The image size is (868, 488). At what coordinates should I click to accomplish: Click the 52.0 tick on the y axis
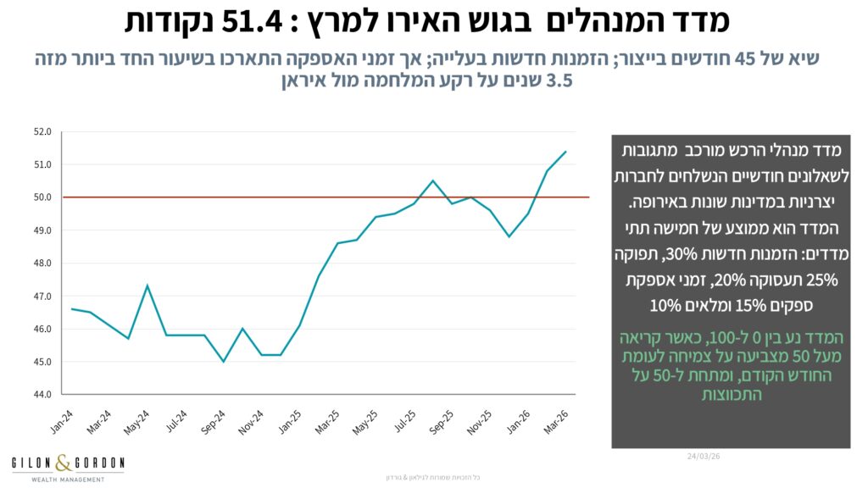click(x=43, y=132)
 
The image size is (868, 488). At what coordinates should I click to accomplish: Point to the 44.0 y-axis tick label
click(x=43, y=395)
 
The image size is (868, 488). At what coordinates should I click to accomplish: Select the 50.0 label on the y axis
click(x=43, y=197)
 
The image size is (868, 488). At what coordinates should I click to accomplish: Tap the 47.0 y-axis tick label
click(x=43, y=297)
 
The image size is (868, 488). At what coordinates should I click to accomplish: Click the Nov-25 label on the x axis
click(x=479, y=421)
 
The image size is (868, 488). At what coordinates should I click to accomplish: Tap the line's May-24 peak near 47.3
click(x=147, y=286)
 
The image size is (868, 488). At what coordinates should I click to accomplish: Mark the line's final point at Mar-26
click(x=565, y=152)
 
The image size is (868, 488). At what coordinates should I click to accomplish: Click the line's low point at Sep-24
click(x=223, y=362)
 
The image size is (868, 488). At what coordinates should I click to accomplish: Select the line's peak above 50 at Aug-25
click(x=433, y=180)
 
